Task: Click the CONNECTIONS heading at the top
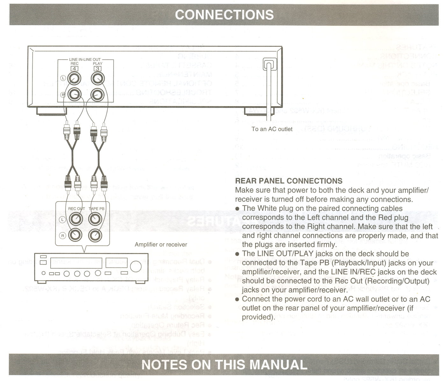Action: coord(224,15)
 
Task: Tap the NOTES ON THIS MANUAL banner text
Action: coord(224,364)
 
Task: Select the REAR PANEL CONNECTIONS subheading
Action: coord(288,181)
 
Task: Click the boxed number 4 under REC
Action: coord(75,68)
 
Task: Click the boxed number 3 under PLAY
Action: coord(97,68)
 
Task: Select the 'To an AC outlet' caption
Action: coord(272,129)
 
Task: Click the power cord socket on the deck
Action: coord(269,66)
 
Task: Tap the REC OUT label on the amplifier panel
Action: coord(76,209)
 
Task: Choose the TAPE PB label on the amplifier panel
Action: coord(96,209)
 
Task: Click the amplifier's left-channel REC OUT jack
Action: coord(76,219)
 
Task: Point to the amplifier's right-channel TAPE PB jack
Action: coord(95,235)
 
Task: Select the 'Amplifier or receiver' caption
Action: coord(161,244)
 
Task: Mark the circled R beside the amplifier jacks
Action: coord(62,236)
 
